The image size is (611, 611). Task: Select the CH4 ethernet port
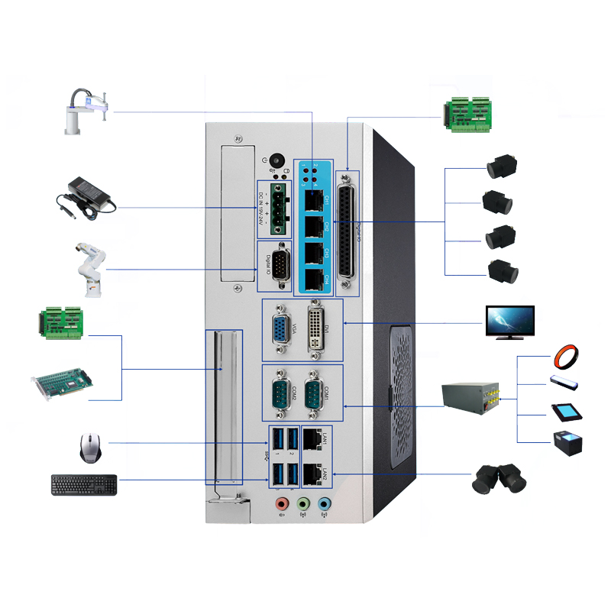point(313,278)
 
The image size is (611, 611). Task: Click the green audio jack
point(303,505)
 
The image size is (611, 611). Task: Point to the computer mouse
point(90,448)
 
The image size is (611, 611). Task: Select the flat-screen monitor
point(510,322)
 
